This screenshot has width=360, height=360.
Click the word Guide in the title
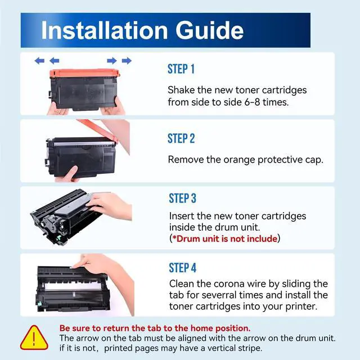click(x=210, y=30)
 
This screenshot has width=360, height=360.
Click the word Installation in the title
click(x=105, y=30)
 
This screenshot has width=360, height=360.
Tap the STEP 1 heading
click(x=181, y=69)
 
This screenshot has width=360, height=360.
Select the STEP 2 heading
click(x=181, y=138)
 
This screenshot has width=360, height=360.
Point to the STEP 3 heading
click(x=182, y=198)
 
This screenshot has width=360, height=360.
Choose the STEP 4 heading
click(x=182, y=268)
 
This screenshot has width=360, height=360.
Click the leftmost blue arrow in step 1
click(x=39, y=61)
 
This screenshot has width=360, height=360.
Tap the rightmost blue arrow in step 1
click(x=127, y=61)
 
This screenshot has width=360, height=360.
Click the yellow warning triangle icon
click(x=34, y=337)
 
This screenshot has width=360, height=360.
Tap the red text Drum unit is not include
click(x=225, y=238)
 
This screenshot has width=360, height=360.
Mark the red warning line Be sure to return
click(x=155, y=328)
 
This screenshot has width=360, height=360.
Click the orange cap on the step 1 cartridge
click(x=85, y=73)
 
